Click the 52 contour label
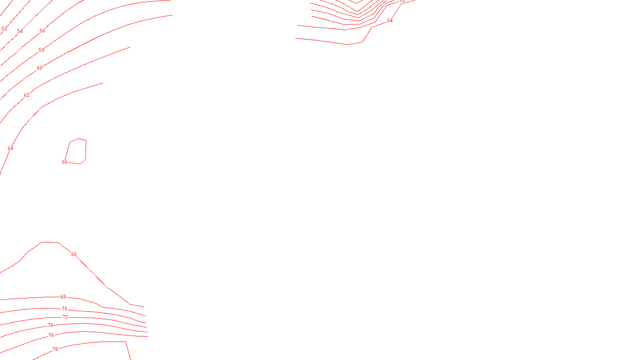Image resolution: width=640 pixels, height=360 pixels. pos(4,29)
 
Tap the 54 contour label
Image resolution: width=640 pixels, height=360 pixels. pos(20,31)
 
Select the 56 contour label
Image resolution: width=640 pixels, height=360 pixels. pos(42,31)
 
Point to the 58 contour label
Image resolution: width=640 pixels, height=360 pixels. pos(42,50)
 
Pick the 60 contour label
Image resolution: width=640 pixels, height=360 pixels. pos(40,68)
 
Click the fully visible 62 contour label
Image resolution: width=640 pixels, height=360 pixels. pos(27,95)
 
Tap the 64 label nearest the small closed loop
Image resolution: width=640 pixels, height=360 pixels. pos(10,148)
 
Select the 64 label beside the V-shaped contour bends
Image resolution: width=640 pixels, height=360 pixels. pos(390,20)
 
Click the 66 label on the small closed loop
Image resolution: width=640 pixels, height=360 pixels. pos(65,162)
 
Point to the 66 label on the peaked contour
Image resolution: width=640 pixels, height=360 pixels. pos(74,254)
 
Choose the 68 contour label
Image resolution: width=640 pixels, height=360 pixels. pos(63,297)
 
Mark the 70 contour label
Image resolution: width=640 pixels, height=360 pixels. pos(65,309)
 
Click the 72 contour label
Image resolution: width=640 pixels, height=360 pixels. pos(66,317)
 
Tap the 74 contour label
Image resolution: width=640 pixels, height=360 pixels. pos(50,326)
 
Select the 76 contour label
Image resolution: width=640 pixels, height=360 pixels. pos(51,335)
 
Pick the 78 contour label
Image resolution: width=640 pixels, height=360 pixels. pos(55,349)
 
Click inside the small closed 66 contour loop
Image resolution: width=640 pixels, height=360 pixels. pos(77,151)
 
